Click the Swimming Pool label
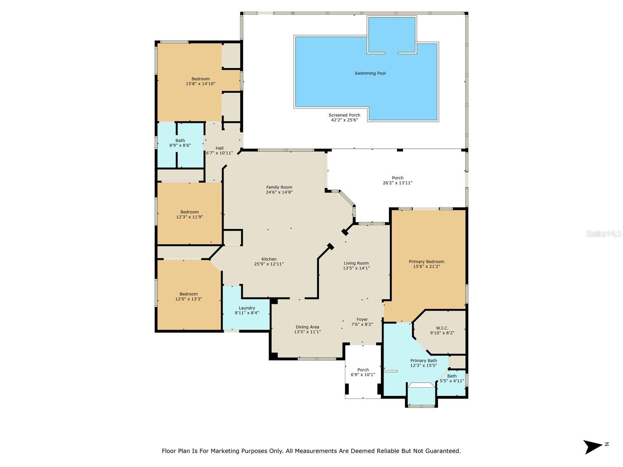coord(370,73)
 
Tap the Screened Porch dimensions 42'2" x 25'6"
coord(344,120)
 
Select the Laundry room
coord(247,310)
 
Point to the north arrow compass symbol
coord(593,447)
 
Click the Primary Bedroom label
coord(426,262)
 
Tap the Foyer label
coord(362,319)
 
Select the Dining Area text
coord(307,327)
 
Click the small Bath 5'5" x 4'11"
coord(452,378)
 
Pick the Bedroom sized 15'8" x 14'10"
coord(201,81)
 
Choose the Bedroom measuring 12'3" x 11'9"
coord(190,214)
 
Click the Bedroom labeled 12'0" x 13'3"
coord(188,297)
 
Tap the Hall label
coord(220,148)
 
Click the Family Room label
coord(279,187)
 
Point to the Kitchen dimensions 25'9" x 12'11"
coord(269,264)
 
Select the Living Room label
coord(356,263)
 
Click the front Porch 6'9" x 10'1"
coord(363,372)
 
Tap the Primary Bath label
coord(423,360)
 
